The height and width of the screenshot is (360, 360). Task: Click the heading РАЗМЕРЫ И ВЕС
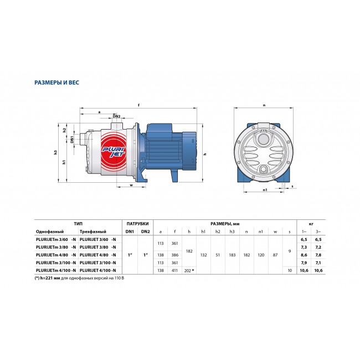point(56,83)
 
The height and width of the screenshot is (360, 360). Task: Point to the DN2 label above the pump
point(117,116)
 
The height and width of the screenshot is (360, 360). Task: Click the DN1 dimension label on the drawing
point(72,140)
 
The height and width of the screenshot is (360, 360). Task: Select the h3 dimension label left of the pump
point(55,152)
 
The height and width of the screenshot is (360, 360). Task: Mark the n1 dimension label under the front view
point(265,189)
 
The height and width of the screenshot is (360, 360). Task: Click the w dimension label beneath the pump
point(132,185)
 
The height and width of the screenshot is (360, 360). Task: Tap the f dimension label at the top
point(138,105)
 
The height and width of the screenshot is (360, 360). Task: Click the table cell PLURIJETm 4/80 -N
point(56,255)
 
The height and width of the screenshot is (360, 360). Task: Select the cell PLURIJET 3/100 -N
point(98,263)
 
